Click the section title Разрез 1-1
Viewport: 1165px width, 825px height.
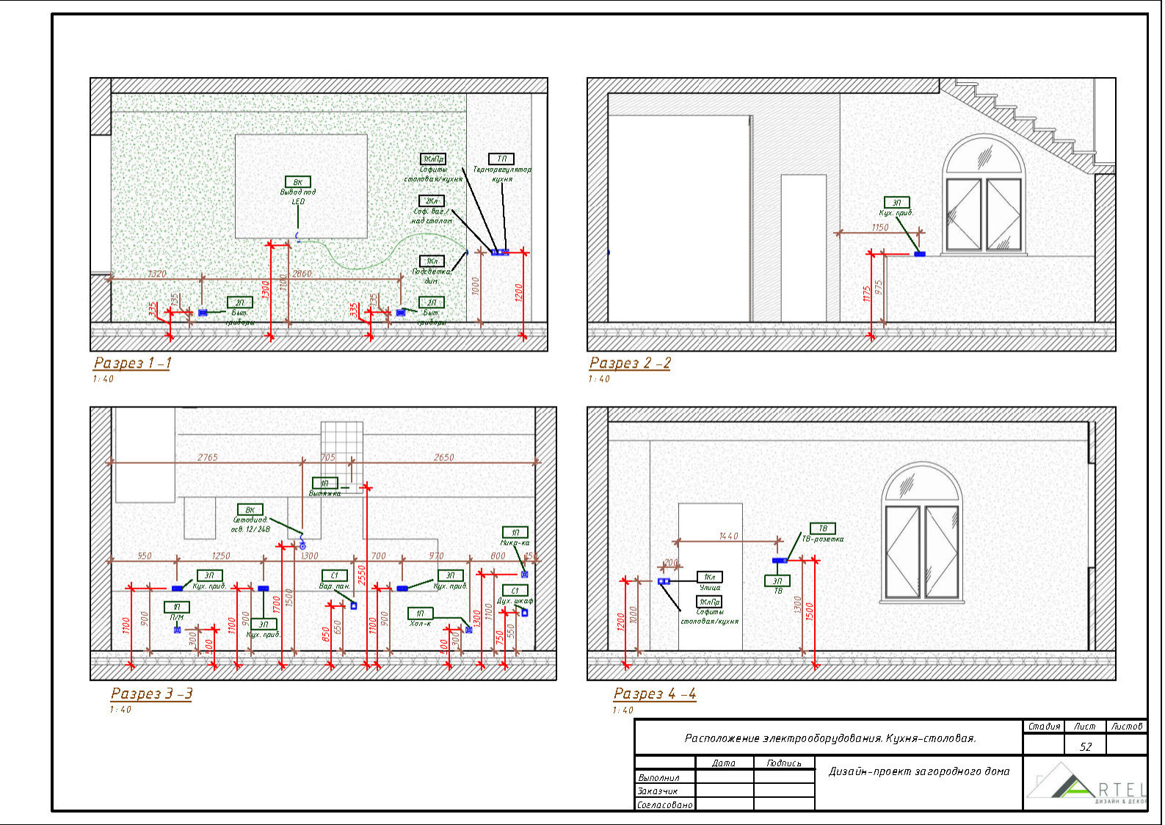coord(132,363)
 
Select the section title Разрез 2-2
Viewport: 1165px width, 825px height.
coord(630,363)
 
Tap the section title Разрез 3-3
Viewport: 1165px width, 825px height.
coord(151,693)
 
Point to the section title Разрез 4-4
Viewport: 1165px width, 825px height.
coord(654,693)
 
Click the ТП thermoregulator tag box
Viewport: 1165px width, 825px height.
coord(501,159)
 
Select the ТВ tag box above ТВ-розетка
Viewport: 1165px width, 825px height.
coord(822,528)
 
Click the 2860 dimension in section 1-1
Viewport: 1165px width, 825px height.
coord(302,274)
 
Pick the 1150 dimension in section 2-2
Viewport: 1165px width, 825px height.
coord(880,228)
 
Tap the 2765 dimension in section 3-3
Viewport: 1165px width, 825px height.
coord(208,457)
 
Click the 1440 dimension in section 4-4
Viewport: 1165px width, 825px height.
coord(728,537)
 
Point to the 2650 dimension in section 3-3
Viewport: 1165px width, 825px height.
coord(443,457)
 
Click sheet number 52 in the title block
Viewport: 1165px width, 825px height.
coord(1085,746)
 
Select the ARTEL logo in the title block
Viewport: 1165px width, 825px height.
coord(1086,785)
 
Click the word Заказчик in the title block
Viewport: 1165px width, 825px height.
coord(657,791)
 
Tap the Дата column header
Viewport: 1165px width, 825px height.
coord(723,763)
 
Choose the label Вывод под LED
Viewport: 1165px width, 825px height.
coord(298,197)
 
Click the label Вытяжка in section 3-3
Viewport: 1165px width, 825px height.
coord(324,493)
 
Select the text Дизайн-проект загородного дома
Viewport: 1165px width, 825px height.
coord(919,771)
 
